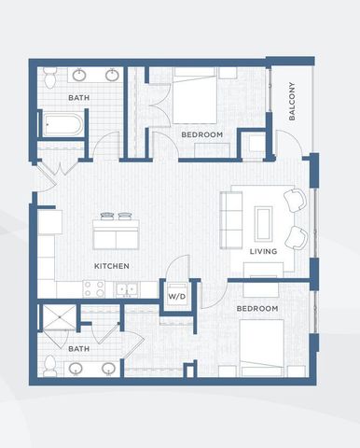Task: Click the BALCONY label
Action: click(292, 101)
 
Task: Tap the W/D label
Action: click(177, 296)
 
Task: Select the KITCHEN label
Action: click(112, 266)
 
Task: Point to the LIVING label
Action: click(263, 251)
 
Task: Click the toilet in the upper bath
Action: click(50, 77)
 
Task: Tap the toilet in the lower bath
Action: click(49, 366)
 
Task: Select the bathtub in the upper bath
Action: click(62, 125)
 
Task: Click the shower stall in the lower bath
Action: click(60, 317)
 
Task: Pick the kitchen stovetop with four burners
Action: click(95, 288)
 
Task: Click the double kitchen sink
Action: click(128, 289)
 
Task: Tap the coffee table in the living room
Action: click(264, 224)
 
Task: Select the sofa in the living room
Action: click(231, 220)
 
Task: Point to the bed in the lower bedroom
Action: click(261, 348)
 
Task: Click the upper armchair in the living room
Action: click(295, 201)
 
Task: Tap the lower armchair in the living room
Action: click(296, 238)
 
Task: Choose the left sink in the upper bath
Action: click(79, 75)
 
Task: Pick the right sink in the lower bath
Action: click(109, 369)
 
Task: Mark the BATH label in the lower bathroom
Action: click(79, 349)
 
